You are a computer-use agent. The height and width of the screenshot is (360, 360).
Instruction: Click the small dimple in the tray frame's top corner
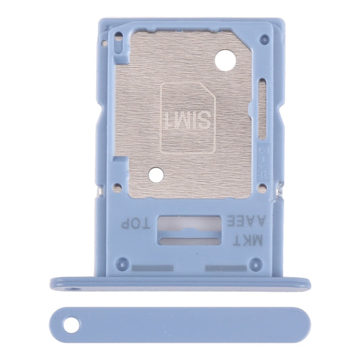105,42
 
